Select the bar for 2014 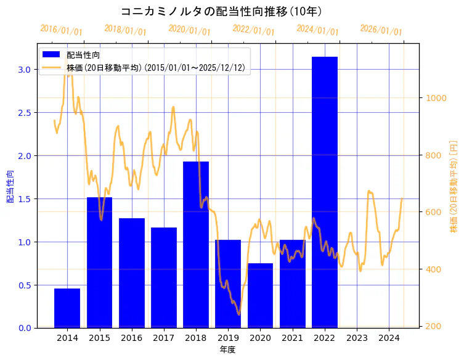[67, 308]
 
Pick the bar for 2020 [260, 295]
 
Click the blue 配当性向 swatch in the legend [51, 55]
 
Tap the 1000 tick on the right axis [434, 98]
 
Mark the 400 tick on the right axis [431, 269]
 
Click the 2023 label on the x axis [357, 338]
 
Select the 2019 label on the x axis [228, 338]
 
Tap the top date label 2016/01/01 [61, 30]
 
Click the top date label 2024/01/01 [317, 30]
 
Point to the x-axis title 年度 [227, 350]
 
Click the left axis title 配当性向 [10, 186]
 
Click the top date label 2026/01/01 [381, 30]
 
